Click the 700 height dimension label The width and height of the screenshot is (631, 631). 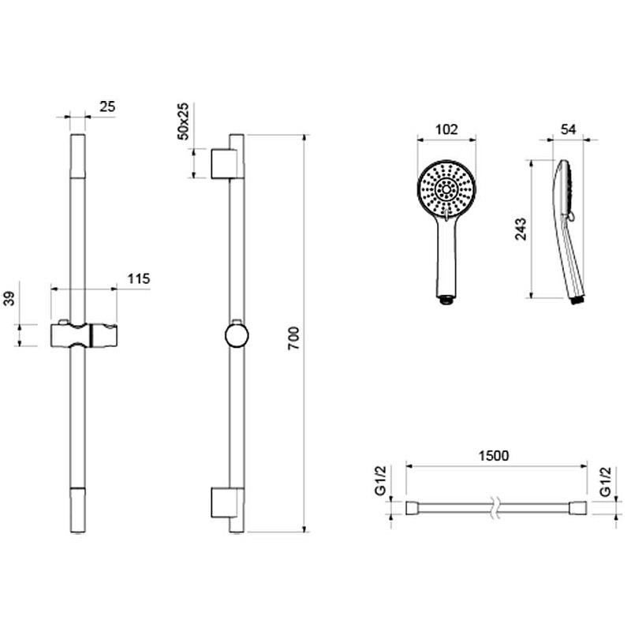pyautogui.click(x=294, y=338)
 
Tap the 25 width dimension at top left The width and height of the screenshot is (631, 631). pyautogui.click(x=107, y=107)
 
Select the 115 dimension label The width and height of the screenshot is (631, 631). pyautogui.click(x=139, y=278)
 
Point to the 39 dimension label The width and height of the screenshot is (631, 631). pyautogui.click(x=9, y=298)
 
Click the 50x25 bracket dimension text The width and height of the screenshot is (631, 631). pyautogui.click(x=182, y=121)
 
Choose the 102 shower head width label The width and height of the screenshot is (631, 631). pyautogui.click(x=446, y=129)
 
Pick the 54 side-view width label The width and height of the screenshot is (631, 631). pyautogui.click(x=568, y=129)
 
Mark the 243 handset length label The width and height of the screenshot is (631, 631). pyautogui.click(x=521, y=229)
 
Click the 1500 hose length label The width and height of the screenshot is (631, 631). pyautogui.click(x=494, y=456)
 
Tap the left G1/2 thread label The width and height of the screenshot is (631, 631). pyautogui.click(x=380, y=480)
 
